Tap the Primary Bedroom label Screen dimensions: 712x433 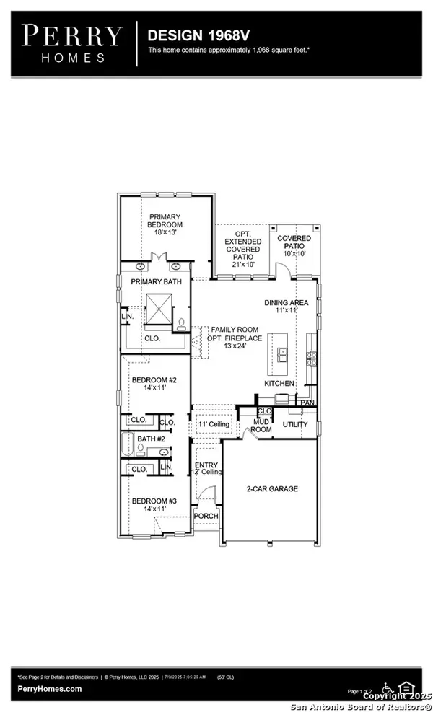(x=165, y=224)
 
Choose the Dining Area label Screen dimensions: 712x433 (x=286, y=306)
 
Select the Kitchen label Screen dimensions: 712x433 (x=279, y=384)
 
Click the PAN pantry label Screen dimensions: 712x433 (x=307, y=403)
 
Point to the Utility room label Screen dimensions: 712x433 (x=294, y=425)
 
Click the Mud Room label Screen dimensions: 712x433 (x=261, y=425)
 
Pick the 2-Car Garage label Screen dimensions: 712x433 (x=270, y=488)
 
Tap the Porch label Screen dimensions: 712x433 (x=206, y=517)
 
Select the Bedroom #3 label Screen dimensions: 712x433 (x=149, y=505)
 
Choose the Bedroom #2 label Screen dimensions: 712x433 (x=149, y=384)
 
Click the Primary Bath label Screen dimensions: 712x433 (x=156, y=282)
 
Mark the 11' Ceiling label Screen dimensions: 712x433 (x=214, y=424)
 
